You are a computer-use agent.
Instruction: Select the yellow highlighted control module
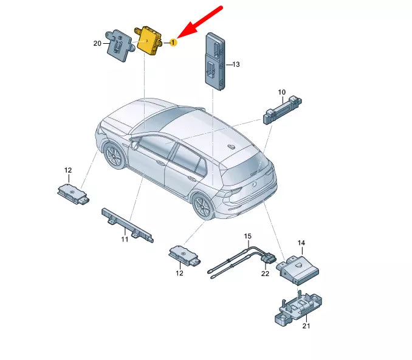click(x=149, y=41)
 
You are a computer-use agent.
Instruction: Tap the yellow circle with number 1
click(x=173, y=42)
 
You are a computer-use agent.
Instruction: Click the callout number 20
click(x=97, y=43)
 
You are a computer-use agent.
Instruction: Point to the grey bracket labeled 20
click(x=120, y=44)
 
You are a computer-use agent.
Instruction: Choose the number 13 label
click(x=236, y=64)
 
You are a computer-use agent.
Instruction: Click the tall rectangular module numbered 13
click(x=215, y=60)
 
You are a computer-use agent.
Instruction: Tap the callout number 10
click(x=281, y=92)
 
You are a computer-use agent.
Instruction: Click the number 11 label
click(x=125, y=240)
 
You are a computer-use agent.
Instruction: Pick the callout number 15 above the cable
click(x=247, y=235)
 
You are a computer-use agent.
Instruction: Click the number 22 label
click(x=265, y=274)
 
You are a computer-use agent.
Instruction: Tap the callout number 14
click(x=300, y=243)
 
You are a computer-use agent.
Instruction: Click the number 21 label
click(x=306, y=325)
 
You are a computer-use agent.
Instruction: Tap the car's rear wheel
click(x=204, y=207)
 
